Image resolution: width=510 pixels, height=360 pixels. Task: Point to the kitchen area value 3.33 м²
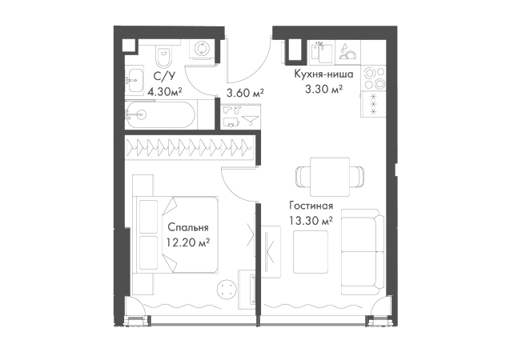click(323, 88)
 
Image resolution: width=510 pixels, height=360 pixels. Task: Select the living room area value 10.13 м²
click(311, 221)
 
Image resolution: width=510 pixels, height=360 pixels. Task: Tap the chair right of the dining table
click(357, 174)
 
